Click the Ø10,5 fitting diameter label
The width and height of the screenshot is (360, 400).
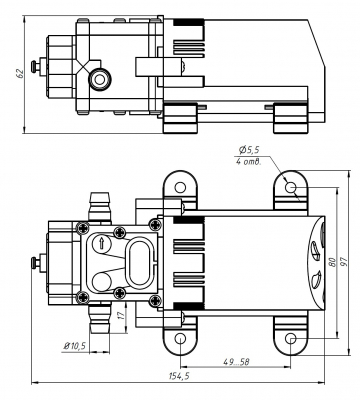(75, 344)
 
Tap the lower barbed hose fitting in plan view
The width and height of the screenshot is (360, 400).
(98, 322)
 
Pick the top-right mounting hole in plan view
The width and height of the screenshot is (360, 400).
(290, 187)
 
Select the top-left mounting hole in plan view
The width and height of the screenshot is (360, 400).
(179, 187)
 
